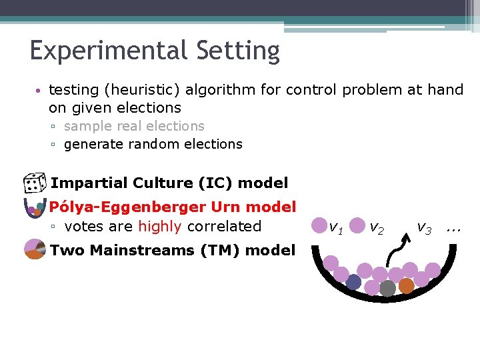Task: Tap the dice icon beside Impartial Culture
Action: point(33,183)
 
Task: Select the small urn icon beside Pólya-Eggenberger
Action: point(34,208)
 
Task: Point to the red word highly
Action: point(159,227)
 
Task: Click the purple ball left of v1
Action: point(319,225)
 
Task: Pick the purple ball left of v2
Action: point(357,225)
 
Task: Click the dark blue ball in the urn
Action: point(353,282)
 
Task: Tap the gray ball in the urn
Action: point(387,288)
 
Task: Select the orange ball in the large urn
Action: point(406,285)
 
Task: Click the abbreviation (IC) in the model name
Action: point(219,183)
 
